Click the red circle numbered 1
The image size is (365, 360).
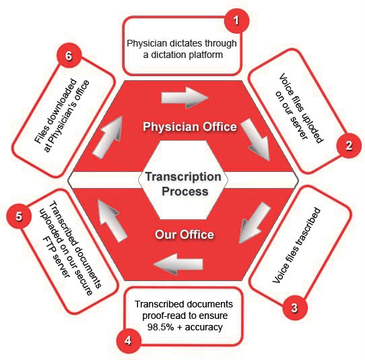point(237,21)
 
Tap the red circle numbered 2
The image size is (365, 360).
point(349,146)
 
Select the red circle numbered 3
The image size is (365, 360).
point(295,307)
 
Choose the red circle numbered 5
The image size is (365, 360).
point(19,216)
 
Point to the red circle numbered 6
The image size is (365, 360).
point(69,56)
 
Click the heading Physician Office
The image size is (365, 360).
point(190,127)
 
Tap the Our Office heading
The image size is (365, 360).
point(185,235)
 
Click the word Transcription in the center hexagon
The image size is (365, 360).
point(183,177)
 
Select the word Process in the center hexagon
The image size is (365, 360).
point(185,191)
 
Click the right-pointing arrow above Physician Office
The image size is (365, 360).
point(185,98)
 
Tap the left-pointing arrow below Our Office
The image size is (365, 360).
point(178,264)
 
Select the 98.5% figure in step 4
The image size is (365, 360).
point(161,327)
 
